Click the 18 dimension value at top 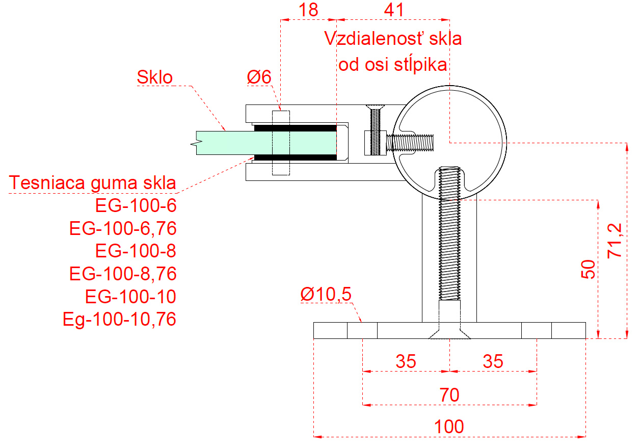point(308,10)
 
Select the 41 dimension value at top point(394,10)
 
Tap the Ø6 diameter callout point(259,77)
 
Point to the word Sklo point(154,77)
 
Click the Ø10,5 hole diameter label point(326,294)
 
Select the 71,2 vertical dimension point(615,241)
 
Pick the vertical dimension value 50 point(588,269)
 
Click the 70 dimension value point(449,395)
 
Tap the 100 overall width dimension point(449,427)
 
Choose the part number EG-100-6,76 point(123,228)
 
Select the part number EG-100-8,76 point(123,274)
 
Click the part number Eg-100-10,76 point(119,319)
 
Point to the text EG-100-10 point(130,297)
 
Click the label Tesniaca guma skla point(92,183)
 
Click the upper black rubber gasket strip point(296,128)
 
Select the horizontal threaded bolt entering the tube point(410,143)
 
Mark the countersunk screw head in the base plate point(449,333)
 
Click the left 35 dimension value point(406,361)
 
